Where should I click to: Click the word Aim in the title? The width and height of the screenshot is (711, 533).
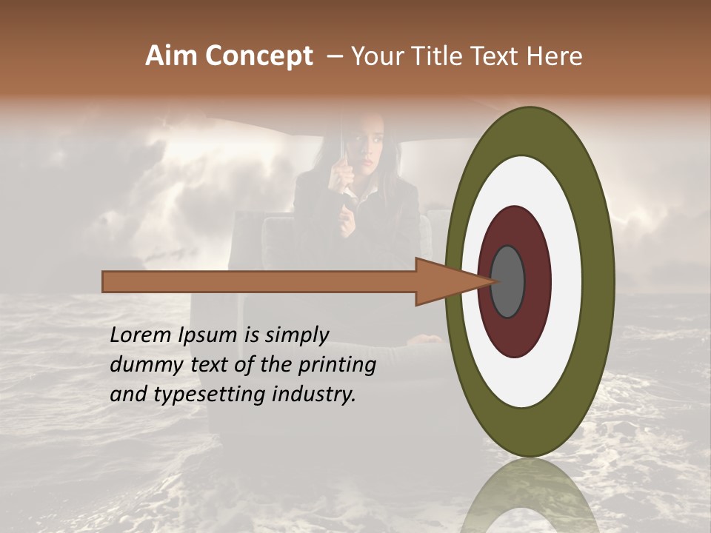(172, 56)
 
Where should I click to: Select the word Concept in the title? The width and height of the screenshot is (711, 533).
(259, 56)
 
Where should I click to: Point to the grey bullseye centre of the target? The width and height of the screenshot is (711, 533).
(507, 281)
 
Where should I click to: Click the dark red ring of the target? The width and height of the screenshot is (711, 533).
(538, 281)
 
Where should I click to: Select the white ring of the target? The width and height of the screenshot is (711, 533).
(566, 281)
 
